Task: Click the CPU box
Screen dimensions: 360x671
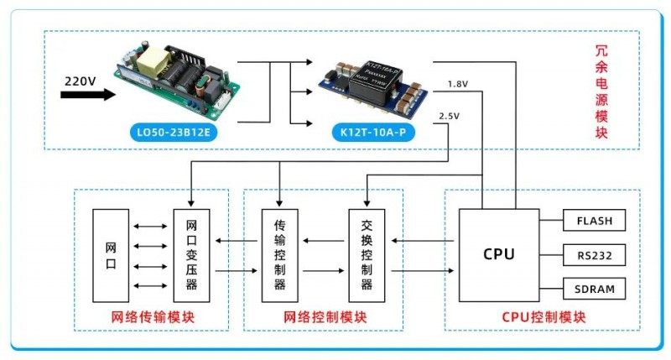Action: [499, 254]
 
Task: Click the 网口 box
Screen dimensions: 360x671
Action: [111, 255]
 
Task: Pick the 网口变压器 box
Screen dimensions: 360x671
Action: [190, 255]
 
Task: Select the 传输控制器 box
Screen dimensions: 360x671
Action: [280, 255]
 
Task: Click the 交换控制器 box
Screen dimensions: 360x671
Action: [367, 255]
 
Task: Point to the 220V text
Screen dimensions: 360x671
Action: [81, 81]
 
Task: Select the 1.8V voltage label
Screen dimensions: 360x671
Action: [458, 84]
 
